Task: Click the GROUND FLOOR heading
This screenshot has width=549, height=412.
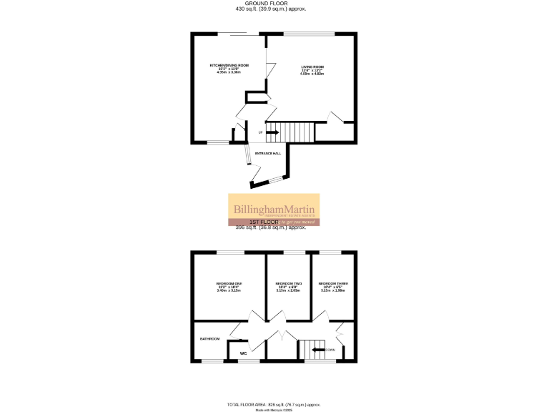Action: coord(275,4)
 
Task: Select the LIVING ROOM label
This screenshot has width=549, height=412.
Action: coord(311,65)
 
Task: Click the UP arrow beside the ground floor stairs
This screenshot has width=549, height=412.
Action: coord(273,132)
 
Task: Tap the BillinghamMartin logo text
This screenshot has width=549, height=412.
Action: coord(274,209)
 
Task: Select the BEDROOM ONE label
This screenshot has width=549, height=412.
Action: coord(229,284)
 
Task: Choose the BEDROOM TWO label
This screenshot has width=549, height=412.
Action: coord(288,284)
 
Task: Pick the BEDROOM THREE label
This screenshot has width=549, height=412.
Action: coord(332,284)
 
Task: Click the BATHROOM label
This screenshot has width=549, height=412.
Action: coord(209,338)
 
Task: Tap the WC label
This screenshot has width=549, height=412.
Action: coord(243,353)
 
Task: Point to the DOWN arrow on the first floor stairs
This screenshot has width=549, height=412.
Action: coord(319,350)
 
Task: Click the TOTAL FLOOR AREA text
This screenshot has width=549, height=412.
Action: coord(274,404)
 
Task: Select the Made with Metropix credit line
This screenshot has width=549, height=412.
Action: coord(274,410)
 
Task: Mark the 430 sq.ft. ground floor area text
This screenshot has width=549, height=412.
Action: coord(275,10)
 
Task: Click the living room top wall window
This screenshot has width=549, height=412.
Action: coord(309,33)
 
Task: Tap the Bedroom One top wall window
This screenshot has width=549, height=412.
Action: coord(229,252)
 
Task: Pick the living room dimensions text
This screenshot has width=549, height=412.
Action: coord(311,72)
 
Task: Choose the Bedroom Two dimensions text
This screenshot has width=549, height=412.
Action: coord(288,290)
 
